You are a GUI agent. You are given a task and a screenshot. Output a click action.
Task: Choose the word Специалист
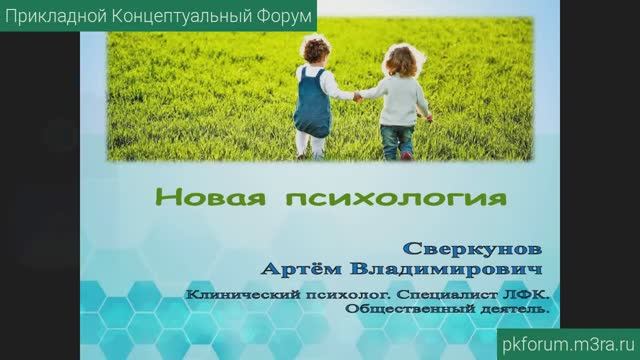[x=446, y=296]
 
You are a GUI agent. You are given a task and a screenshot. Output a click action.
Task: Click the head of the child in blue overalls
[x=310, y=53]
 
